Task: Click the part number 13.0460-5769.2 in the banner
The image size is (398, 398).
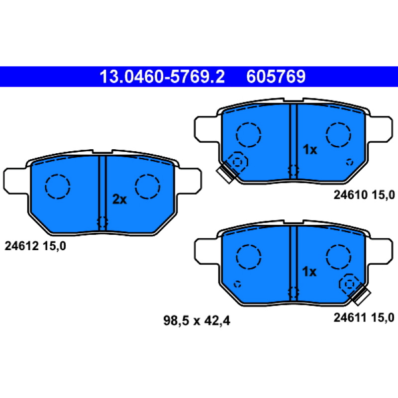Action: [x=162, y=77]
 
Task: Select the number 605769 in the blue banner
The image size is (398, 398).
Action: [x=276, y=77]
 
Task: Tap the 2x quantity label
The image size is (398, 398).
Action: [x=119, y=199]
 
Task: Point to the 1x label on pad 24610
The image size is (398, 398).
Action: [x=310, y=150]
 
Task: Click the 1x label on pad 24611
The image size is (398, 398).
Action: [x=309, y=272]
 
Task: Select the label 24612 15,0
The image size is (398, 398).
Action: [x=35, y=246]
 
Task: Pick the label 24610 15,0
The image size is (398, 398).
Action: [x=364, y=195]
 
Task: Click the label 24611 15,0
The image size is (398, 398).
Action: [x=364, y=317]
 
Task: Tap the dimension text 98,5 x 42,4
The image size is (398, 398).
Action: [x=197, y=321]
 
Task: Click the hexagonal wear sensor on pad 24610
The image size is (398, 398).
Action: [x=238, y=162]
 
